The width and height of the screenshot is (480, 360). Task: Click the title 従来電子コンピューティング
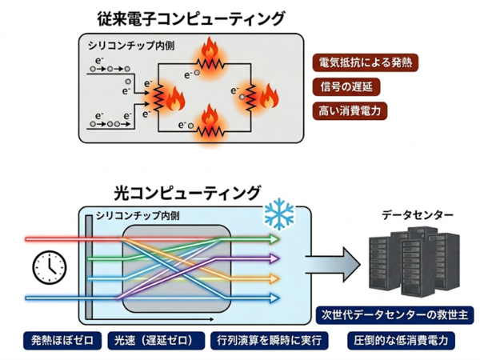[191, 18]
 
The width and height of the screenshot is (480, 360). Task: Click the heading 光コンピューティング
[187, 193]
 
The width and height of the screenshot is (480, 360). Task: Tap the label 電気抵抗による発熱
[366, 62]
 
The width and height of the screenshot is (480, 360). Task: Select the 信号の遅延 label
[346, 86]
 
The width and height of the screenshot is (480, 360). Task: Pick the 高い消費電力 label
[350, 111]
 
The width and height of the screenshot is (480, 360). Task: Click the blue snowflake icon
[279, 214]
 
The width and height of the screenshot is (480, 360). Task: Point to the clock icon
[50, 267]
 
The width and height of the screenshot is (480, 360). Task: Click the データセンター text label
[418, 215]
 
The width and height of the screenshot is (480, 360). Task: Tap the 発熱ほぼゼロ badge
[62, 341]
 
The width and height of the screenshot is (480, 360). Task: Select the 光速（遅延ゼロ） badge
[156, 341]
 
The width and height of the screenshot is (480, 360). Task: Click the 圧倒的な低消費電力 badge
[401, 341]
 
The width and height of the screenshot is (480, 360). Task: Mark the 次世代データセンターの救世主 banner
[395, 314]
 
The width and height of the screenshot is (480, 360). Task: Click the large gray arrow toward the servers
[333, 265]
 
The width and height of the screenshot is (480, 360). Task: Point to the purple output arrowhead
[274, 259]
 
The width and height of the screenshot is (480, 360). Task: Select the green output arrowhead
[274, 239]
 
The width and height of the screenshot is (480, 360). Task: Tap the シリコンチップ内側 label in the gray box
[131, 46]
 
